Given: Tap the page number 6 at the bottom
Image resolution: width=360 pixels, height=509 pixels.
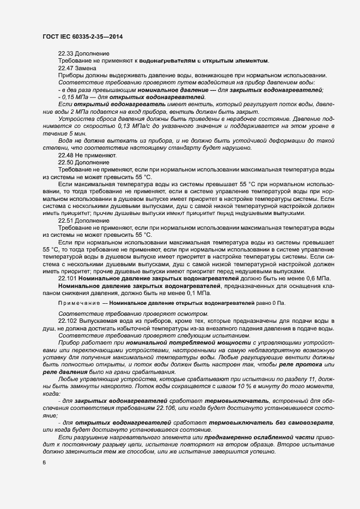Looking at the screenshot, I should pyautogui.click(x=44, y=462).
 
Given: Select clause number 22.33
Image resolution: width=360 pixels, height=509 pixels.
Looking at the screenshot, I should pyautogui.click(x=66, y=53).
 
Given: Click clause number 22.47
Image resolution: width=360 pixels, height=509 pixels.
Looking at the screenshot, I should pyautogui.click(x=66, y=68).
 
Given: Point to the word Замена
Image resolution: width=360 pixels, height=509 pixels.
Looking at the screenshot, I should pyautogui.click(x=87, y=68).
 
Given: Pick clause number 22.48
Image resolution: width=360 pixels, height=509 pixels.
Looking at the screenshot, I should pyautogui.click(x=66, y=155).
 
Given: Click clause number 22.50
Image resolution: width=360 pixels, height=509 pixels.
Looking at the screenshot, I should pyautogui.click(x=66, y=162).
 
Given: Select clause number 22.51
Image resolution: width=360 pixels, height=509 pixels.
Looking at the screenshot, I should pyautogui.click(x=66, y=221).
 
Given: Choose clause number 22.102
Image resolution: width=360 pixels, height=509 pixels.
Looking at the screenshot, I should pyautogui.click(x=68, y=321).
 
